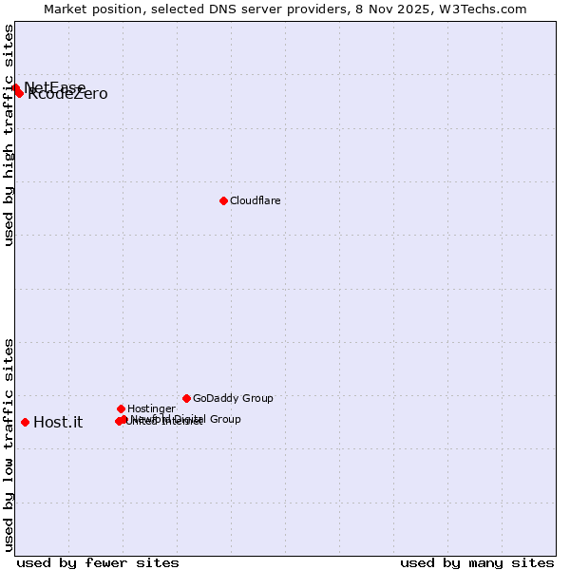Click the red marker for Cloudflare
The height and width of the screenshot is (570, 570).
[223, 200]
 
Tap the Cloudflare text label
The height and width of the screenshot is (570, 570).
[256, 200]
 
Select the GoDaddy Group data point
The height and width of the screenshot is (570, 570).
[186, 398]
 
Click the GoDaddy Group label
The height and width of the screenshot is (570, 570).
[233, 398]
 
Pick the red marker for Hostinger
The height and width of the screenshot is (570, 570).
[121, 408]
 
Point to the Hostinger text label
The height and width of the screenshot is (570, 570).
[151, 408]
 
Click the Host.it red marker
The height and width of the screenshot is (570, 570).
[25, 422]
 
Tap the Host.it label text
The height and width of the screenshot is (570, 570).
[58, 423]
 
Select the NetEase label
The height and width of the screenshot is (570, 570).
[55, 87]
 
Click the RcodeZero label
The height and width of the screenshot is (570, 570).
[68, 94]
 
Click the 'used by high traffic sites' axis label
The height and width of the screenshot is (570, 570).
[9, 135]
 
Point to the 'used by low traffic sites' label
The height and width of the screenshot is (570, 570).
[9, 445]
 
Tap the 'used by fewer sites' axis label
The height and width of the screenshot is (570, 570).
[98, 562]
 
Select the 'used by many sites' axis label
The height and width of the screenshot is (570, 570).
[477, 562]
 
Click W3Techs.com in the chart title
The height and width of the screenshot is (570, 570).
[483, 9]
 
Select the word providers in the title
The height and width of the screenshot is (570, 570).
[315, 9]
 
